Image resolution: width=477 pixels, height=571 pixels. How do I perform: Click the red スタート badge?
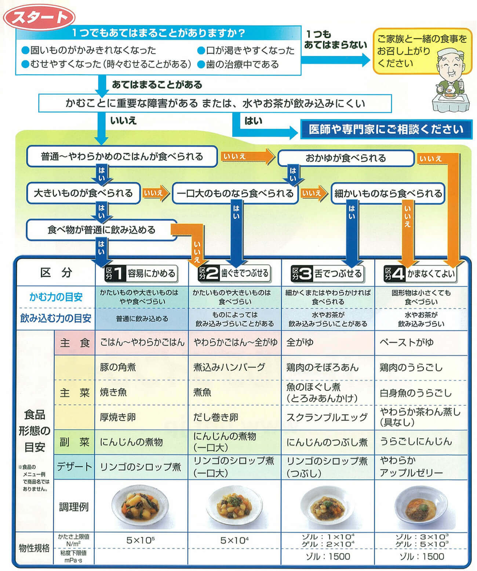pyautogui.click(x=39, y=17)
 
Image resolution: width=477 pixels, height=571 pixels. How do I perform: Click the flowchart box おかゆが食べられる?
pyautogui.click(x=346, y=158)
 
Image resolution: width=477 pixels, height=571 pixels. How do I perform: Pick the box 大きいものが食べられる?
pyautogui.click(x=83, y=193)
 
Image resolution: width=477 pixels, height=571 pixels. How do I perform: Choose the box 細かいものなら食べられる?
pyautogui.click(x=388, y=193)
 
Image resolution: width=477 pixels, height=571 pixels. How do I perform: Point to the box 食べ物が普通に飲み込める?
pyautogui.click(x=101, y=230)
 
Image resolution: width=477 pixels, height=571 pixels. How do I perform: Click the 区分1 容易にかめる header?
pyautogui.click(x=141, y=273)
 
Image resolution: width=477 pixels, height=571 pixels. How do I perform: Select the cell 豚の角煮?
pyautogui.click(x=118, y=367)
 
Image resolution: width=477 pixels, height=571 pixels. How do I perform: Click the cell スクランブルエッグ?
pyautogui.click(x=327, y=417)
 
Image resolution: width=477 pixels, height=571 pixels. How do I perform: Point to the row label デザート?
pyautogui.click(x=74, y=467)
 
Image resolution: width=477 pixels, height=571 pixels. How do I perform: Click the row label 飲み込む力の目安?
pyautogui.click(x=56, y=318)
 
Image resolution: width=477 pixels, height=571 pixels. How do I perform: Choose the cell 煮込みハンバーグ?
pyautogui.click(x=229, y=367)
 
